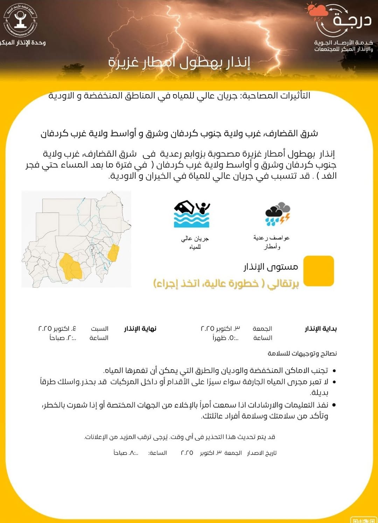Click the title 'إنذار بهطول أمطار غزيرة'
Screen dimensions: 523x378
(x=179, y=62)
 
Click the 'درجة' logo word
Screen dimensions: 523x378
(x=352, y=19)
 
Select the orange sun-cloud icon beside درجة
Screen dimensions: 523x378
(x=317, y=11)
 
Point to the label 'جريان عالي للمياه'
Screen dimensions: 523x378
(x=195, y=243)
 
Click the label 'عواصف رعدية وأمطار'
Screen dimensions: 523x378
(x=272, y=242)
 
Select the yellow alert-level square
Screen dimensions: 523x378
(x=318, y=271)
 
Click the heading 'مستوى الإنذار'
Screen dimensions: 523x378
(x=271, y=267)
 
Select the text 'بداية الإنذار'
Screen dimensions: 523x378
(x=321, y=329)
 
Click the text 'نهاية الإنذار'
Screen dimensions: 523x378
(x=140, y=329)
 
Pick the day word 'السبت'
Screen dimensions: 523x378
(x=99, y=329)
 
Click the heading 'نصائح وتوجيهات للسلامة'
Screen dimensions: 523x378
(x=302, y=353)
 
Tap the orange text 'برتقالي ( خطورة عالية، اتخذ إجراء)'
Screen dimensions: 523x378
(x=226, y=283)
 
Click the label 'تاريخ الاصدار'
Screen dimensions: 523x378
(x=262, y=453)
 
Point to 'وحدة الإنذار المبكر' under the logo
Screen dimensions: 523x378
(x=23, y=42)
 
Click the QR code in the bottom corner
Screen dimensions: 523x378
(x=364, y=520)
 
